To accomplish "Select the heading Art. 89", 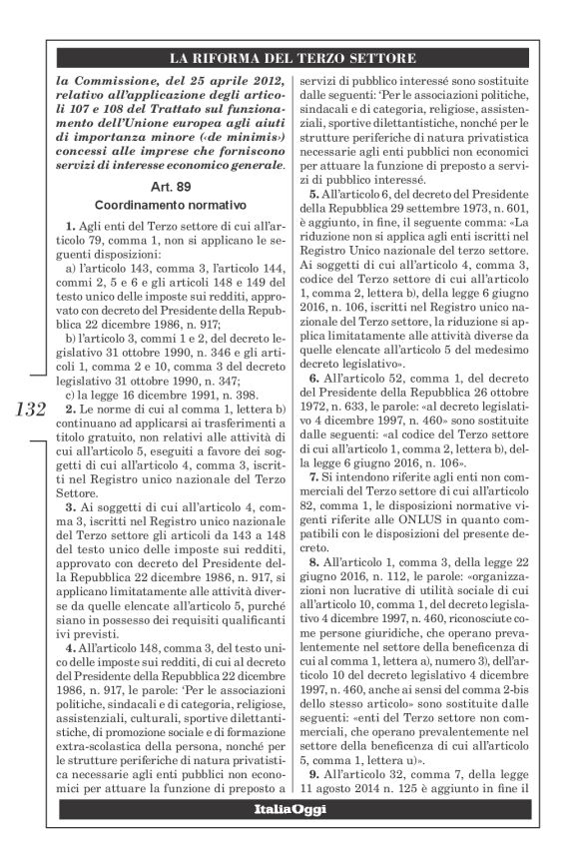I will [168, 186].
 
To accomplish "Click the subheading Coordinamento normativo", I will [168, 203].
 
